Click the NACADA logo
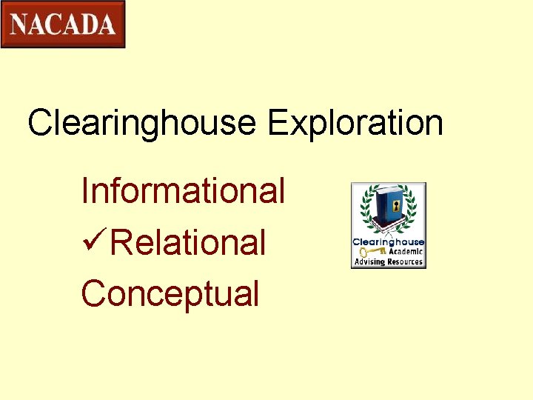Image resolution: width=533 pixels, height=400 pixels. [x=63, y=24]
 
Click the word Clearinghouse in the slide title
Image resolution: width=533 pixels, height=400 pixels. [x=142, y=123]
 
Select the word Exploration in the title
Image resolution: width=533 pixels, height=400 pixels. [x=355, y=123]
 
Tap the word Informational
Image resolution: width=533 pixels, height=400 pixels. [x=183, y=190]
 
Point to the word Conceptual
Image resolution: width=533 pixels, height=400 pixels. [x=170, y=293]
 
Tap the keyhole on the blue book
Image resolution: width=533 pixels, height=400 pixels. [x=396, y=204]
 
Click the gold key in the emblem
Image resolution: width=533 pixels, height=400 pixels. [x=367, y=251]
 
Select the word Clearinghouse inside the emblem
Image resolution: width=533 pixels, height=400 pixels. [x=388, y=242]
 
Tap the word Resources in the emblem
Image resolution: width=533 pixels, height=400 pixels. [x=405, y=261]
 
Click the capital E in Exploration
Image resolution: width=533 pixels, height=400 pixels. [x=277, y=123]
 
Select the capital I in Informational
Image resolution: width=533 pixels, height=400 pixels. [x=85, y=190]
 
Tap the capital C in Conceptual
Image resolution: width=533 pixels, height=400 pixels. [x=93, y=293]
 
